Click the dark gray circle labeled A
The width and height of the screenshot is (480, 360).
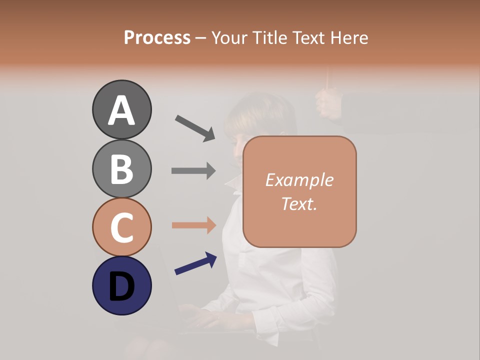coord(121,109)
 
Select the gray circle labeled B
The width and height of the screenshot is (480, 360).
coord(121,168)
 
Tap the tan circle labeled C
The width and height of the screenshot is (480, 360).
coord(121,227)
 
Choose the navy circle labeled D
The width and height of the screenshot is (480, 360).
coord(121,285)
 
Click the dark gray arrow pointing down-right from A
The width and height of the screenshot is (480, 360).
coord(195,127)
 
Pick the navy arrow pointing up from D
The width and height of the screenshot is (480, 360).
coord(195,263)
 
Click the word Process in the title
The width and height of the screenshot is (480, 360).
coord(157,37)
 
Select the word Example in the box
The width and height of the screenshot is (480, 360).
coord(299,180)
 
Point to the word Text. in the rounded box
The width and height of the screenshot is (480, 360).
coord(299,203)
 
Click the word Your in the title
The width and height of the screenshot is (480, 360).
coord(229,37)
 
